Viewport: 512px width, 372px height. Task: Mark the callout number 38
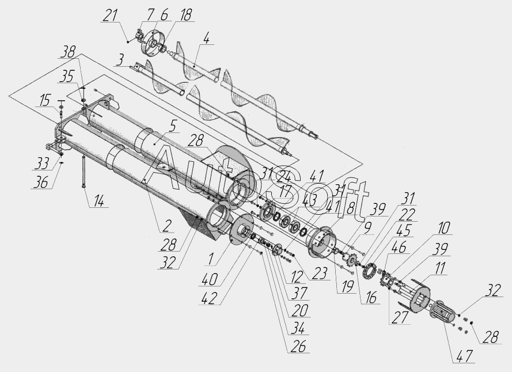click(69, 51)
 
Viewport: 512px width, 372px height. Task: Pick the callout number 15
click(44, 101)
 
